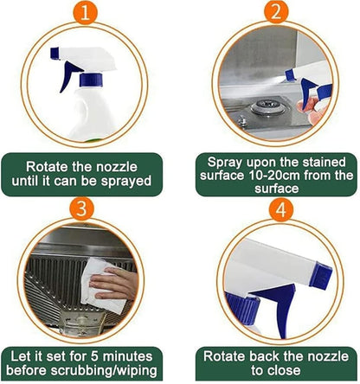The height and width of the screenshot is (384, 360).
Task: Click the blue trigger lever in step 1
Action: coord(67,77)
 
